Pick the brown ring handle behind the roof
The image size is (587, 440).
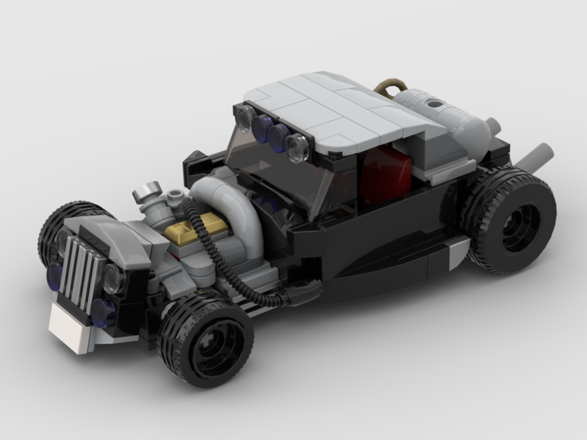390,86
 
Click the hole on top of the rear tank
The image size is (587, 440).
434,103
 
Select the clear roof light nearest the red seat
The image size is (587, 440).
298,147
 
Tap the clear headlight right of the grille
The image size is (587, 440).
113,279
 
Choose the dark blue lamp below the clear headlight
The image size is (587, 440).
104,311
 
